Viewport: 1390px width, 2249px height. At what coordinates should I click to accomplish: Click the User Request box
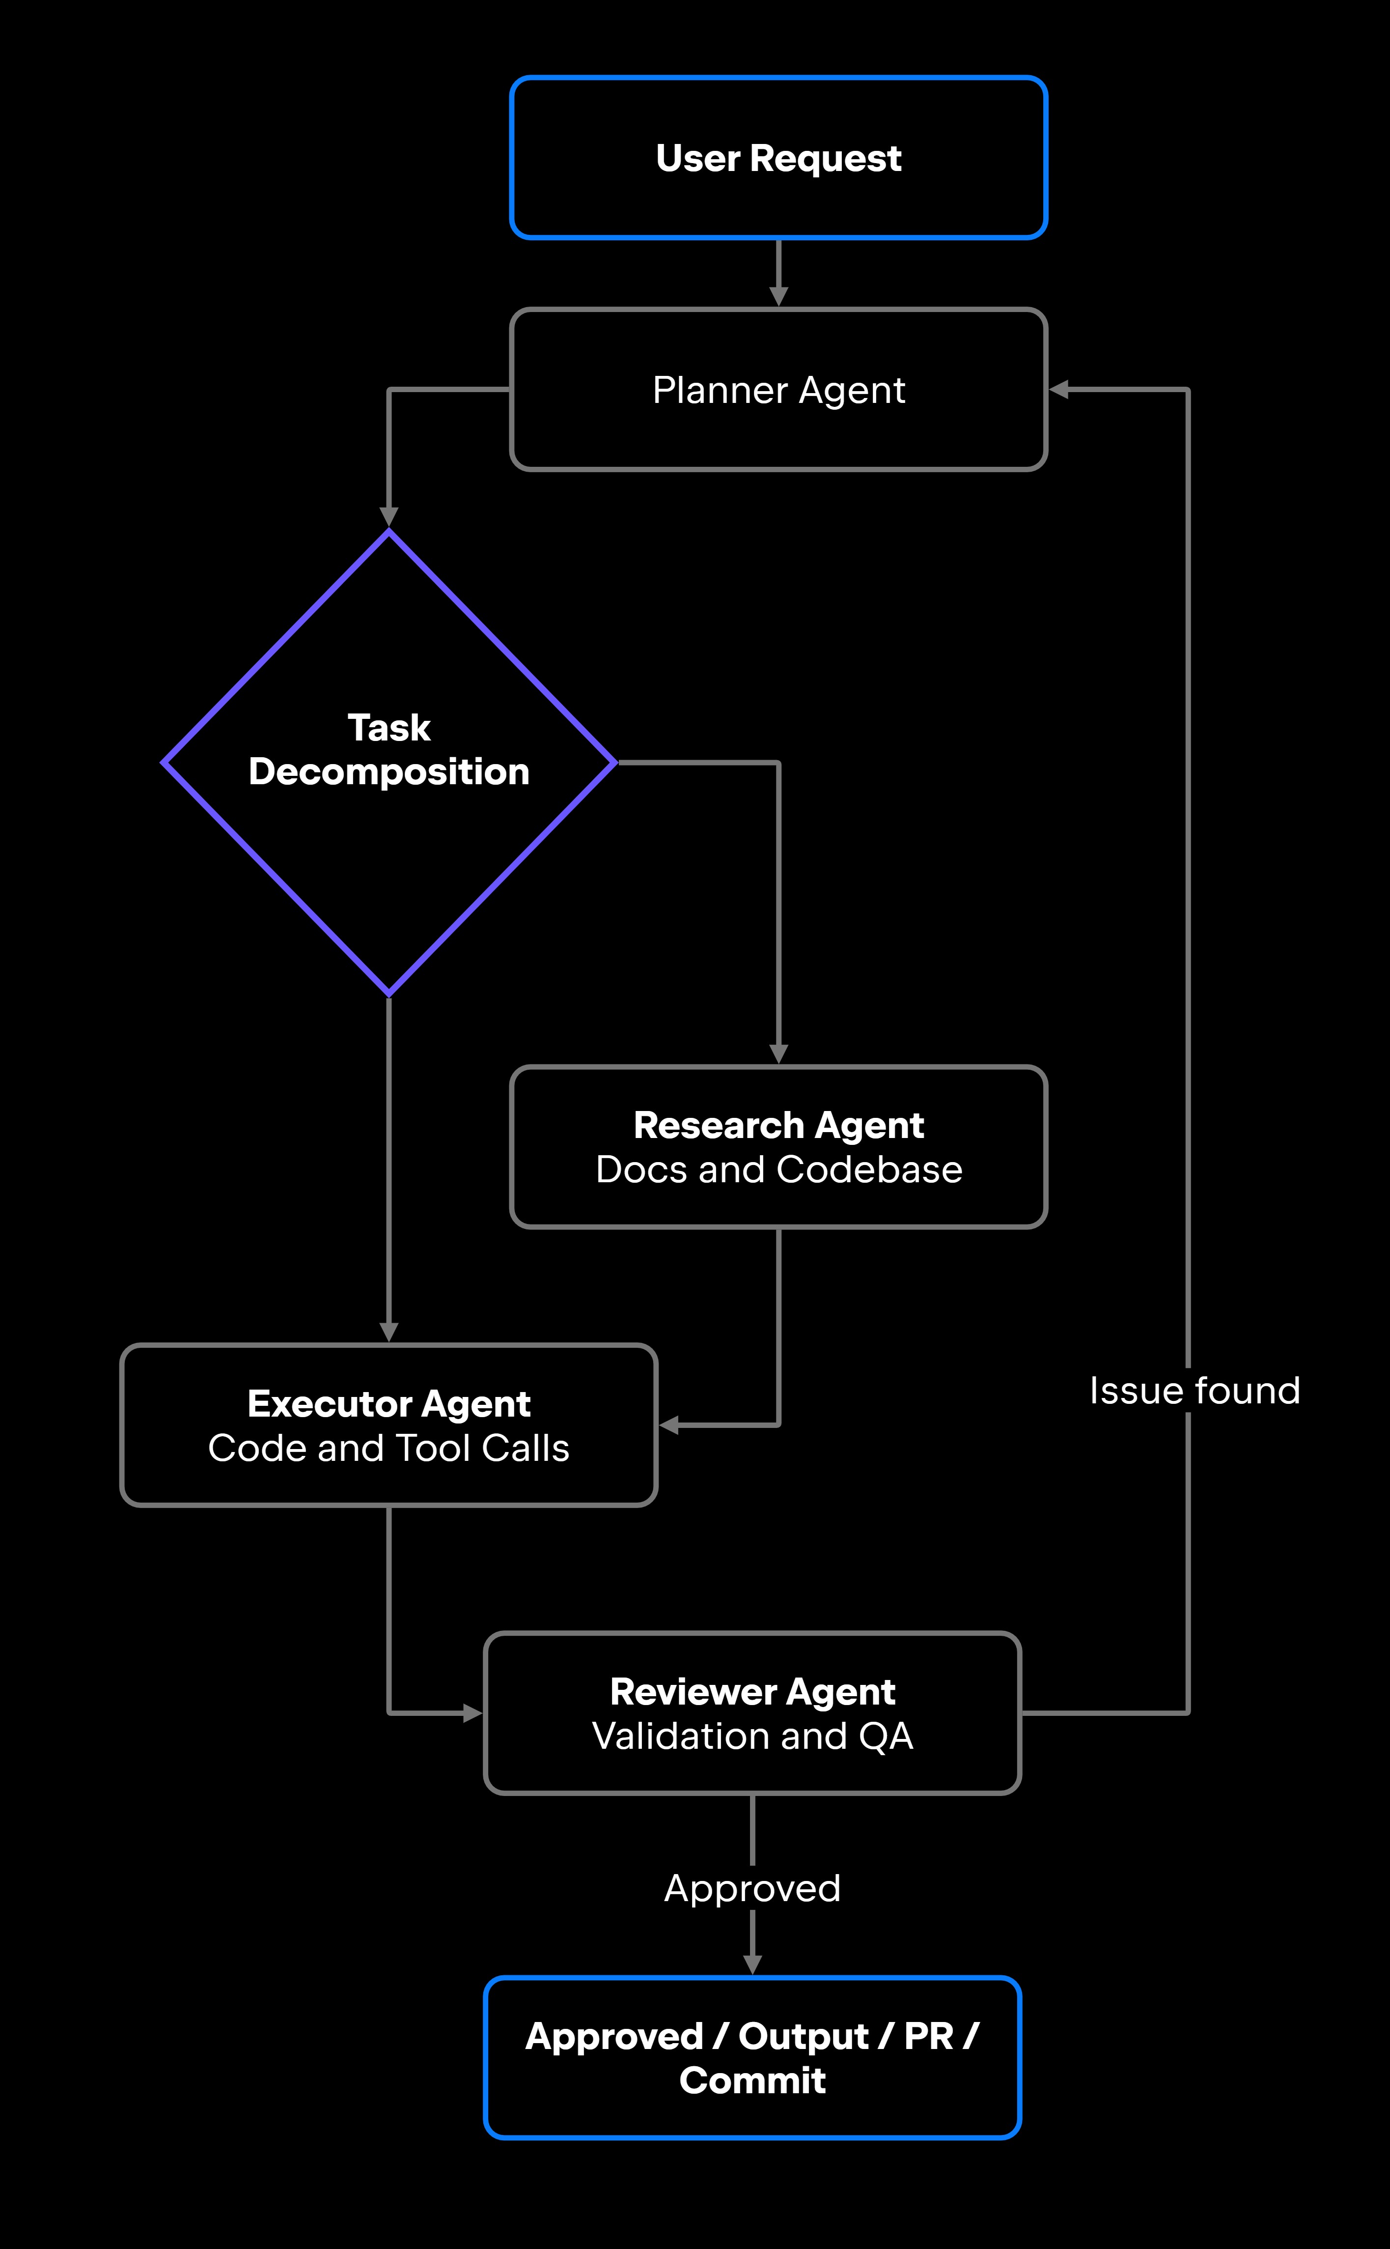[778, 157]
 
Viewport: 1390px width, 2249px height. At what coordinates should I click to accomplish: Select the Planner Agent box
[778, 390]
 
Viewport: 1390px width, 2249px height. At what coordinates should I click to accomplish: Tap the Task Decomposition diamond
[389, 762]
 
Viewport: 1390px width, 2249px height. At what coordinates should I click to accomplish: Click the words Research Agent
[778, 1125]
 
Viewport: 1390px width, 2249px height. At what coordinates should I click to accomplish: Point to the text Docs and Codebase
[778, 1169]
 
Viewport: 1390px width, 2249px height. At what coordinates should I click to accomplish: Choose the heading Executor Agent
[389, 1404]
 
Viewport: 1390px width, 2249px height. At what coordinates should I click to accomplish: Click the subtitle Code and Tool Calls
[389, 1448]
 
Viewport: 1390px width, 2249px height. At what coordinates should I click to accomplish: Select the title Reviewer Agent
[753, 1692]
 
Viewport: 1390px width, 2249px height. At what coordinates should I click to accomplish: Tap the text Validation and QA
[753, 1736]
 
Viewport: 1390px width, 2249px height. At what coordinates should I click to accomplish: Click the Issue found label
[1194, 1390]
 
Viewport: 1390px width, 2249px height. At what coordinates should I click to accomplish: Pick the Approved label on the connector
[753, 1888]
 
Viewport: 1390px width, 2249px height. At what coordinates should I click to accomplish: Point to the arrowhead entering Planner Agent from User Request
[778, 296]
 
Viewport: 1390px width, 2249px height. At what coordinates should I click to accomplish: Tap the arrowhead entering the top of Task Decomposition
[389, 517]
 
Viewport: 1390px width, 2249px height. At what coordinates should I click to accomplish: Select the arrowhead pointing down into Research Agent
[778, 1053]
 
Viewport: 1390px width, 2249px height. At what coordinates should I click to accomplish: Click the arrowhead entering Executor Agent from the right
[669, 1425]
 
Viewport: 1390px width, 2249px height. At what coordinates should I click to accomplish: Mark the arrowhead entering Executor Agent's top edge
[389, 1332]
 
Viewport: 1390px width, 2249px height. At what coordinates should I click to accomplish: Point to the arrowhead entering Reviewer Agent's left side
[473, 1713]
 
